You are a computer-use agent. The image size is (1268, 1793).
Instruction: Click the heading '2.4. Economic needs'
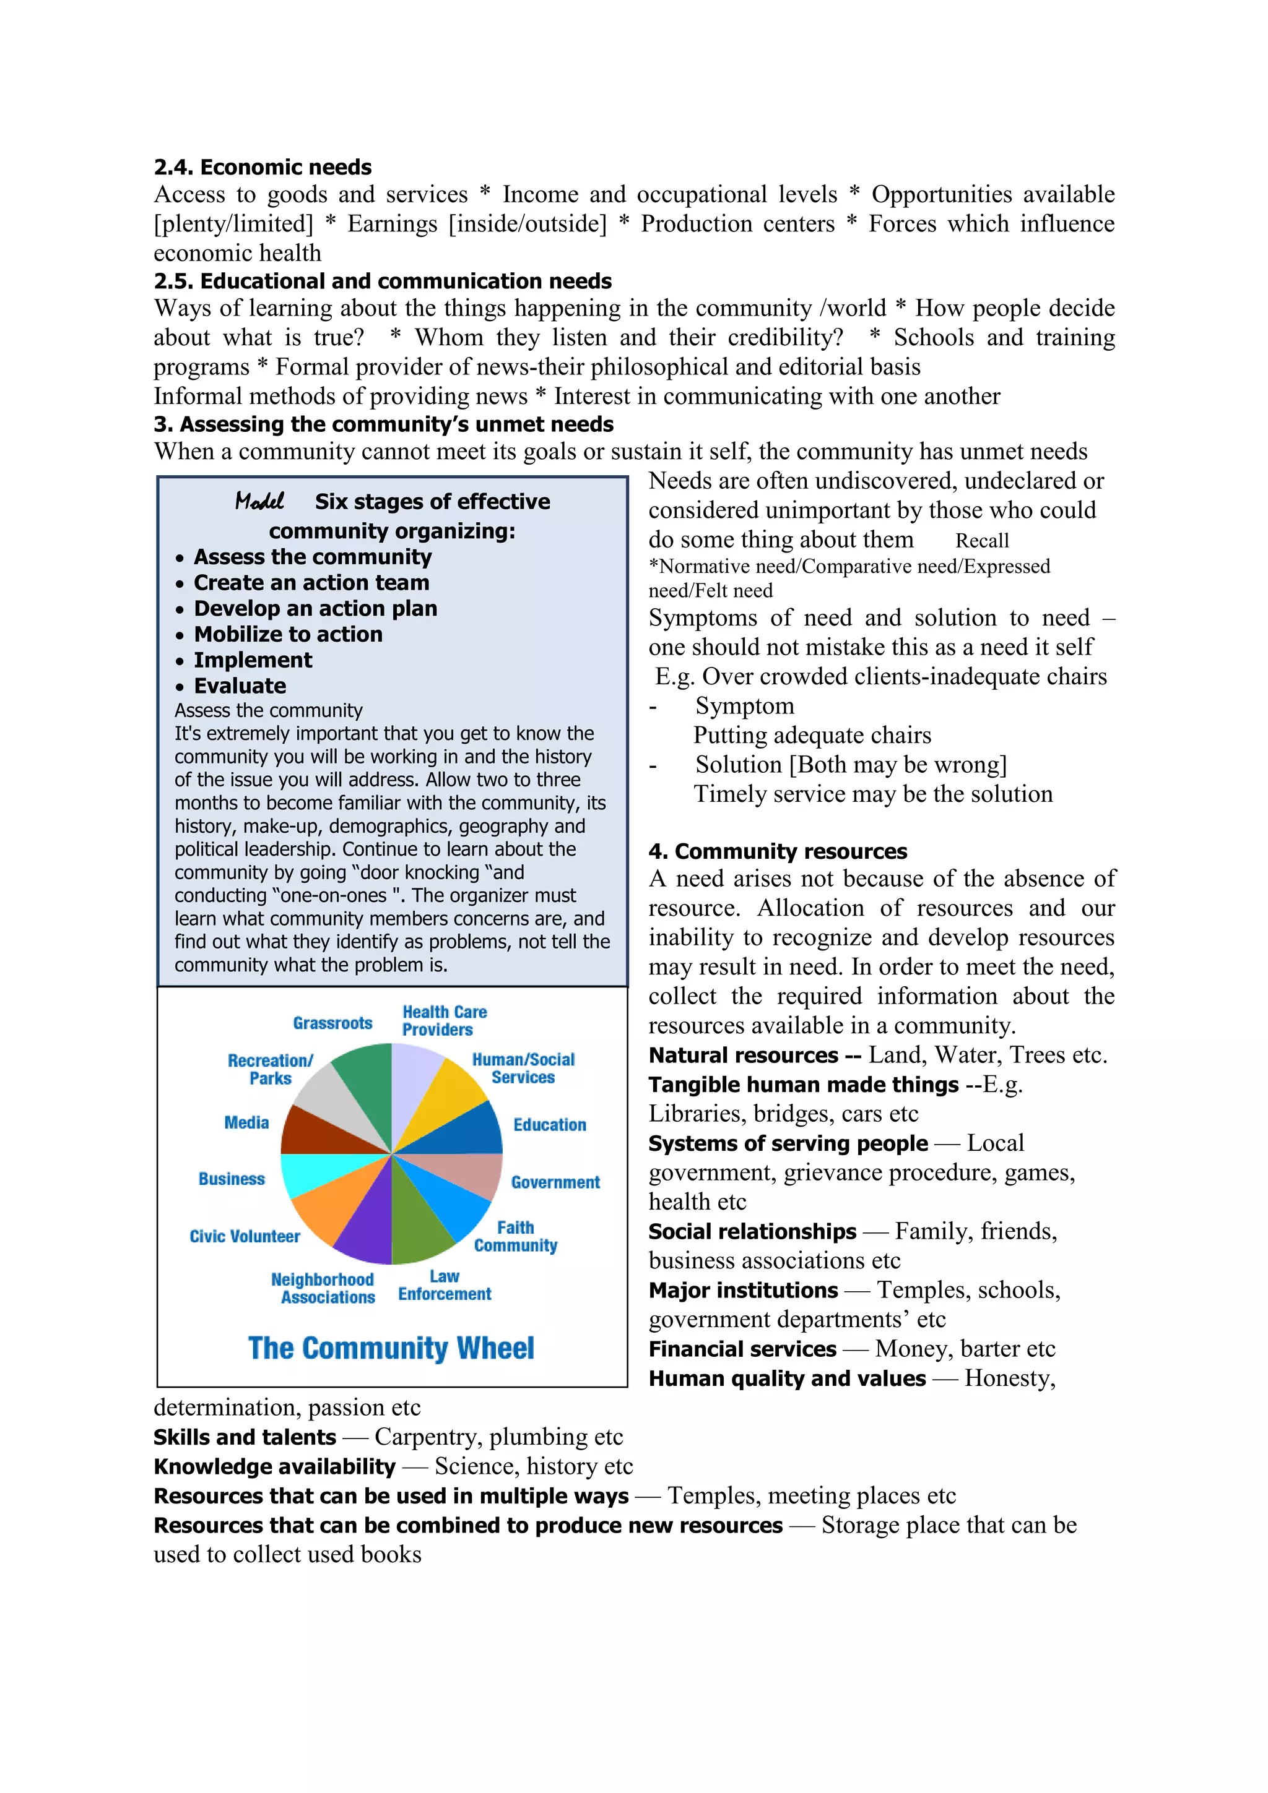click(x=263, y=167)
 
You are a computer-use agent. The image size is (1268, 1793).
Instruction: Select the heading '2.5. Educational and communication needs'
click(x=383, y=281)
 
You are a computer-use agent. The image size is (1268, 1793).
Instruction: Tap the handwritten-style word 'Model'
click(x=259, y=501)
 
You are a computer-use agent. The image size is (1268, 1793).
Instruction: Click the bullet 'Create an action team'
click(x=311, y=583)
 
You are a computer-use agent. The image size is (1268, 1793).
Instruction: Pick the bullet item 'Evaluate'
click(x=240, y=686)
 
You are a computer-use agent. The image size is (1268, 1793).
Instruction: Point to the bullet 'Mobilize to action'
click(x=289, y=634)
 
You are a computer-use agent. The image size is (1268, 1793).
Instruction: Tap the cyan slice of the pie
click(x=308, y=1174)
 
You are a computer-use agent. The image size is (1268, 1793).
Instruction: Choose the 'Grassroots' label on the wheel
click(x=333, y=1023)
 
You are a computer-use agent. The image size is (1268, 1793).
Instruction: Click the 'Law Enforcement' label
click(x=445, y=1286)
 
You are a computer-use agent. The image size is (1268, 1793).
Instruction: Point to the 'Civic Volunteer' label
click(x=245, y=1236)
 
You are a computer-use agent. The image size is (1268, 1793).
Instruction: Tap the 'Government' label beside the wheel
click(x=555, y=1182)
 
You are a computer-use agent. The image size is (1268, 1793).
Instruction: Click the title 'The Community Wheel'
click(x=391, y=1349)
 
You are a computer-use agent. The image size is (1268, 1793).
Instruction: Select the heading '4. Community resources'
click(x=778, y=851)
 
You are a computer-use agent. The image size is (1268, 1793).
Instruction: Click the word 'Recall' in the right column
click(x=982, y=540)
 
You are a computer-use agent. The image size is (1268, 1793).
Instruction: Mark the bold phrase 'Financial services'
click(x=742, y=1349)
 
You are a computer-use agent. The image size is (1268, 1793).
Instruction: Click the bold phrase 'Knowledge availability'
click(x=274, y=1466)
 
